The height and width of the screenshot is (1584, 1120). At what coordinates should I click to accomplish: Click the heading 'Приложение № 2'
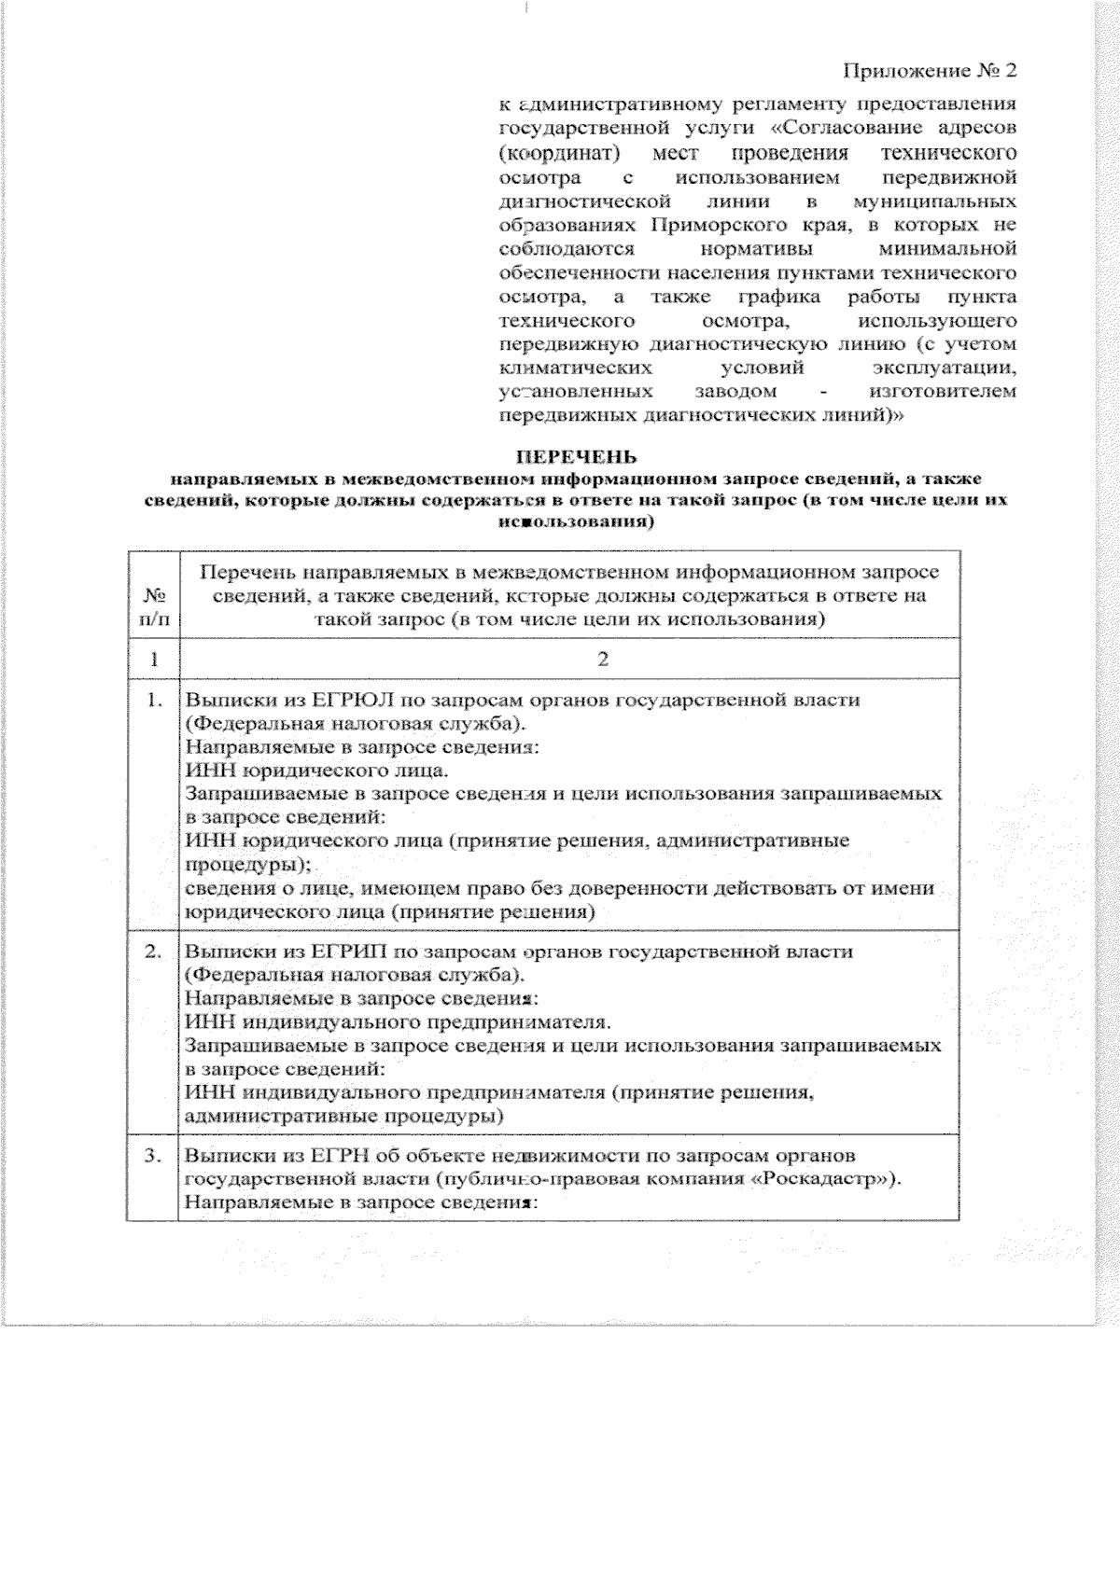[x=929, y=72]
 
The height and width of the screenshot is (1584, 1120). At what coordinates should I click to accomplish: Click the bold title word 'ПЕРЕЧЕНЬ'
[x=577, y=457]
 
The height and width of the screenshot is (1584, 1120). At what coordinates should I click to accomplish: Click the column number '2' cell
[x=602, y=659]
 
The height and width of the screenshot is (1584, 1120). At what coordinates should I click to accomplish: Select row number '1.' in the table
[x=155, y=700]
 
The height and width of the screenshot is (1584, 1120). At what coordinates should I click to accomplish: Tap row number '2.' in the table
[x=155, y=952]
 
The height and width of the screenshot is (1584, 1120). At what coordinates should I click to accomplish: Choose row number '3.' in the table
[x=155, y=1157]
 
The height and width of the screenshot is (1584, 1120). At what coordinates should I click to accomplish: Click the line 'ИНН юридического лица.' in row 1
[x=316, y=771]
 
